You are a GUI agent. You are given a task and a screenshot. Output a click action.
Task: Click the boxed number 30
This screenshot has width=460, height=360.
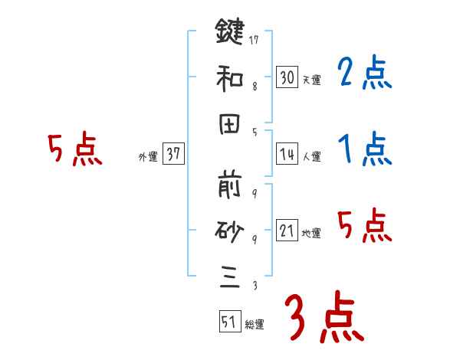[x=287, y=77]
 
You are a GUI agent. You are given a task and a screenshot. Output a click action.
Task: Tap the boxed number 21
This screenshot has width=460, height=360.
[x=287, y=231]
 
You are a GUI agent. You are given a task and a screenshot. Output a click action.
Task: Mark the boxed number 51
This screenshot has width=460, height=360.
[x=228, y=322]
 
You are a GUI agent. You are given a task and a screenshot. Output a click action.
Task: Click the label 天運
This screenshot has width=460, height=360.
[x=311, y=80]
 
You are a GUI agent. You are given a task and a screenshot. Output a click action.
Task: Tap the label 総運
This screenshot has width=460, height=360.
[x=254, y=324]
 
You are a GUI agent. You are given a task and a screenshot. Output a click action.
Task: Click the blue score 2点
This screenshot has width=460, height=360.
[x=364, y=74]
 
